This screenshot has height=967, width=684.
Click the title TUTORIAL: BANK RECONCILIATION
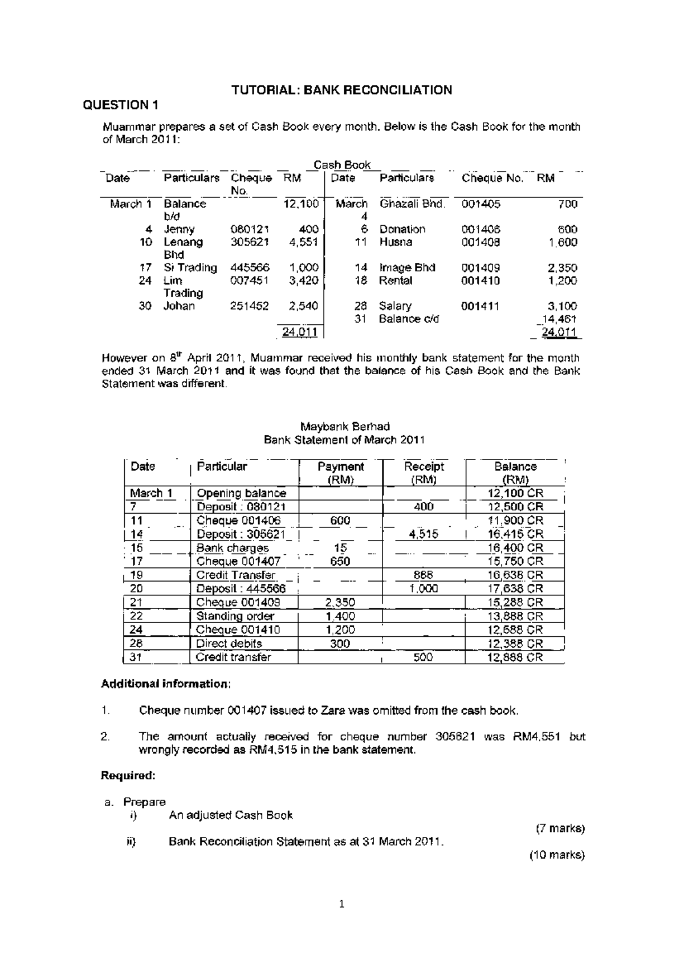(341, 90)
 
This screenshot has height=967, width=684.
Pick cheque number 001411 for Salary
(480, 306)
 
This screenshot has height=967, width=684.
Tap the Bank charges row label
(232, 548)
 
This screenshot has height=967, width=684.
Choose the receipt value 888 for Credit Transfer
(423, 575)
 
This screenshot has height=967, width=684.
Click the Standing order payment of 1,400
(340, 616)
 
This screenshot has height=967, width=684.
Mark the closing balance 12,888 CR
(515, 657)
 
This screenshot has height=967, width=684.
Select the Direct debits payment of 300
(340, 644)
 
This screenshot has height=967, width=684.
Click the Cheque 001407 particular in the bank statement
(238, 562)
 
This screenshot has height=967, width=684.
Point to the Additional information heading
(166, 684)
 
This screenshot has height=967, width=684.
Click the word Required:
(128, 775)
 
